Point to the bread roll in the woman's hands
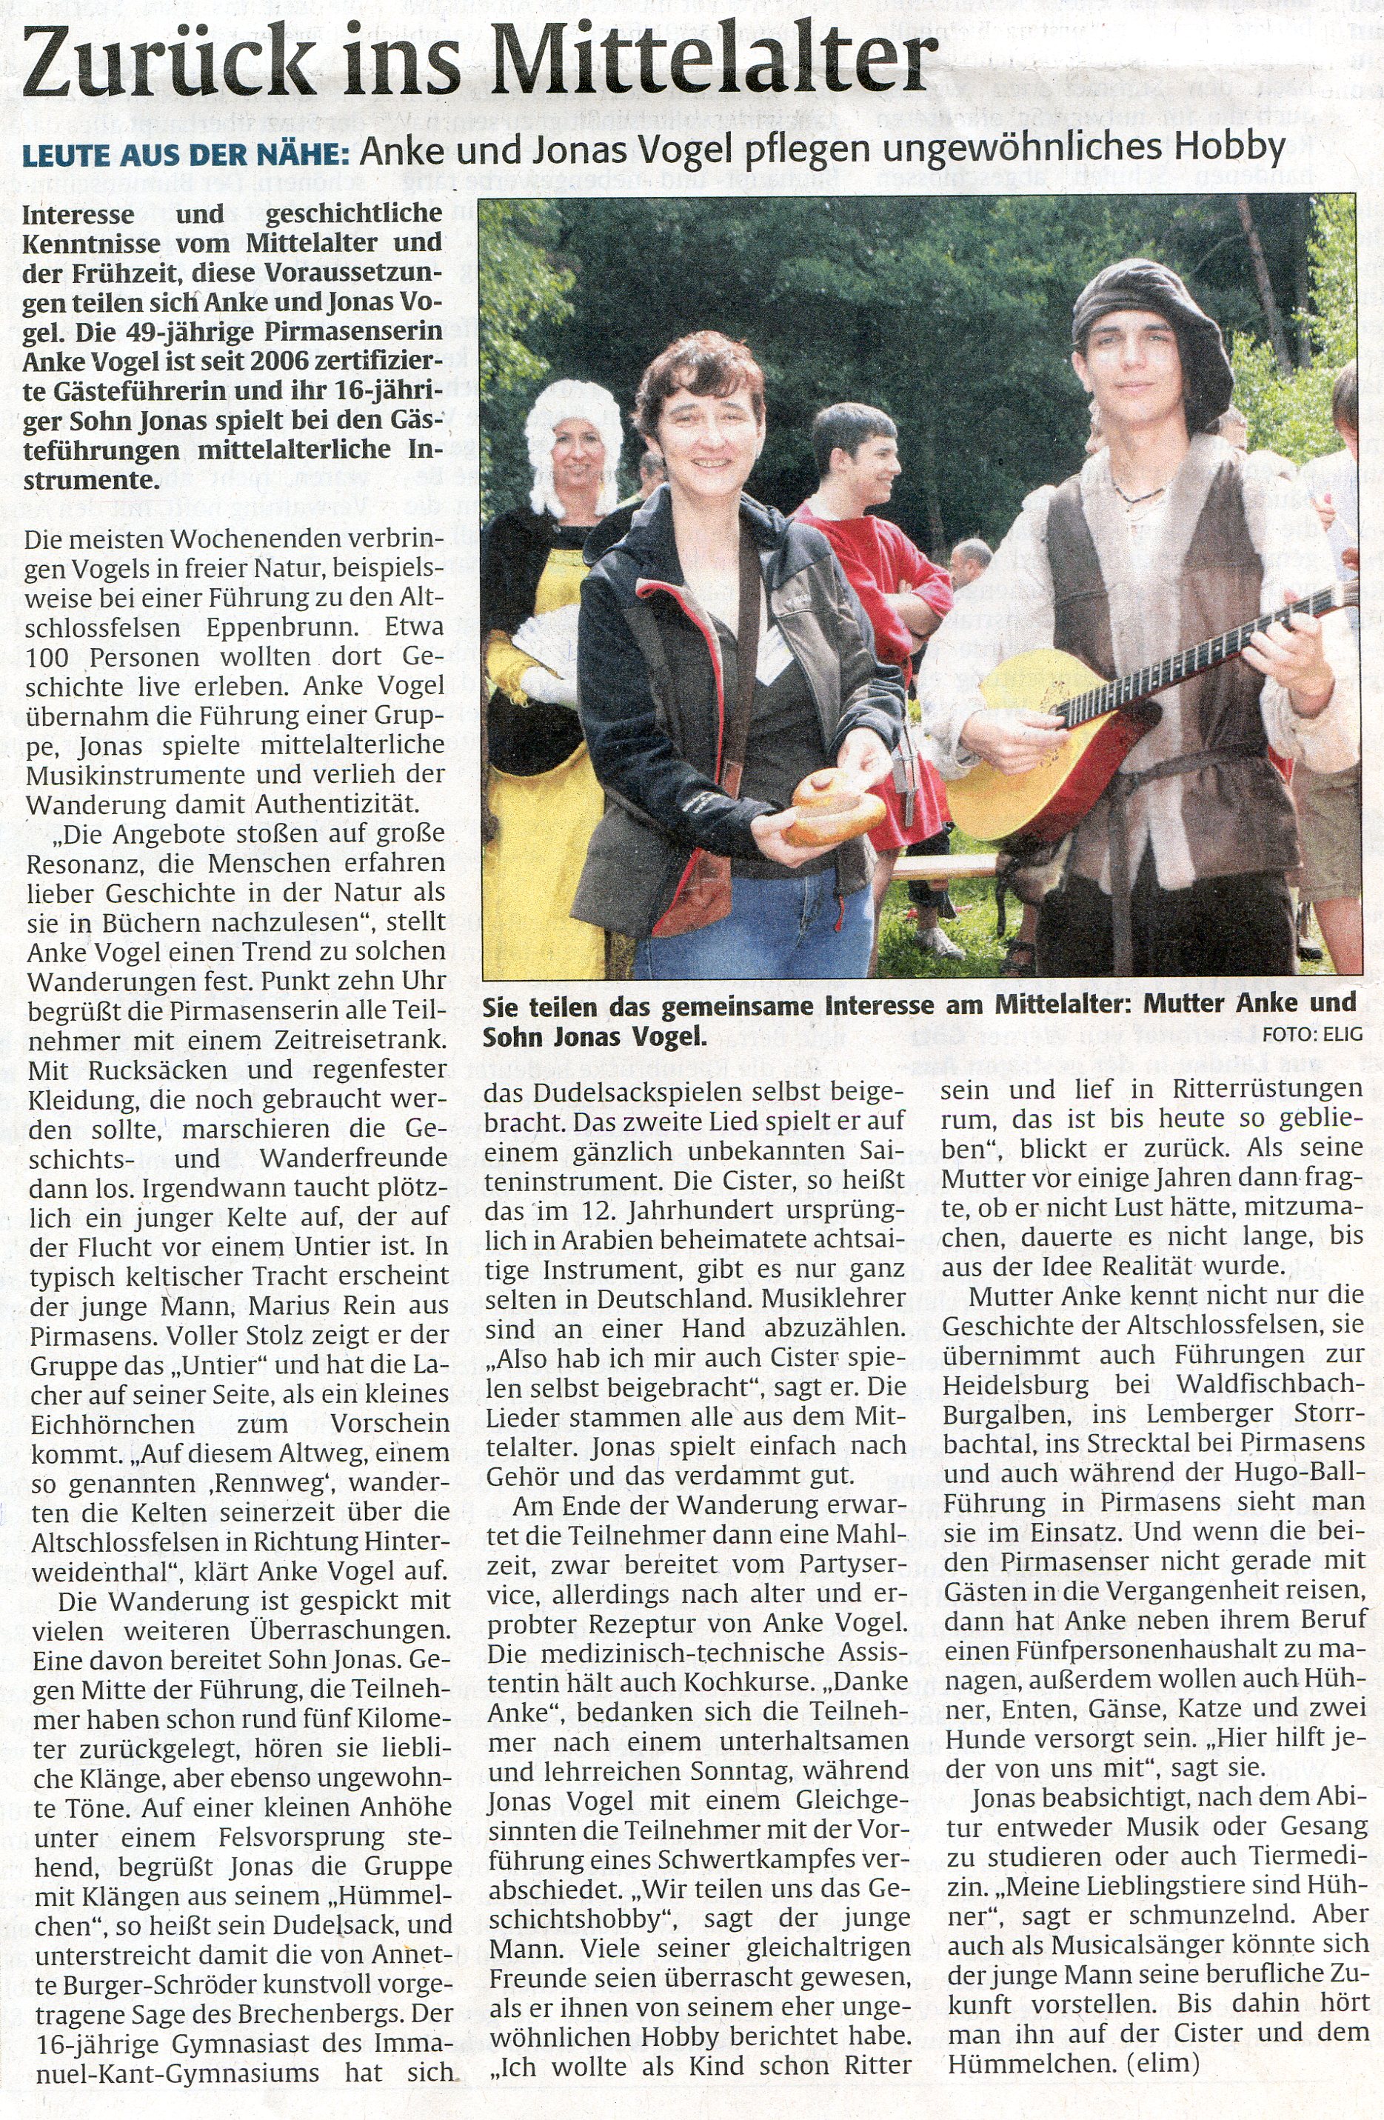[833, 805]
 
